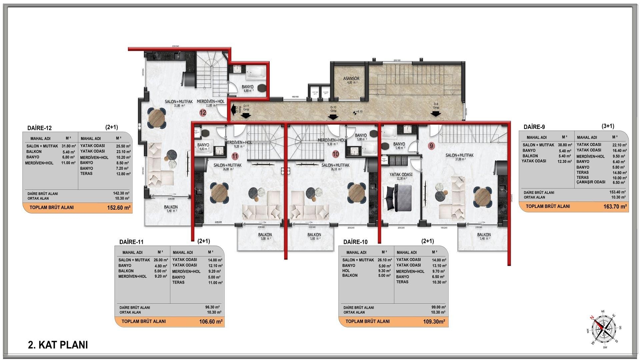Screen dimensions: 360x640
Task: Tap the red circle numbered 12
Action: coord(203,113)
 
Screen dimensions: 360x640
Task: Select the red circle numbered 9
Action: coord(431,146)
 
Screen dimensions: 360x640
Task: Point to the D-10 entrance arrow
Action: coord(332,116)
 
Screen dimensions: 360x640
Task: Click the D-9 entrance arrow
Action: coord(435,114)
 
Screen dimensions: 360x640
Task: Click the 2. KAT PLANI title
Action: coord(58,345)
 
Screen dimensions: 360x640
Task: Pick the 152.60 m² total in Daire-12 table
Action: coord(118,208)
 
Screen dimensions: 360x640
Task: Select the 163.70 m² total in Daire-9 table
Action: coord(615,207)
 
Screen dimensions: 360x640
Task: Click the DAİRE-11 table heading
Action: coord(131,242)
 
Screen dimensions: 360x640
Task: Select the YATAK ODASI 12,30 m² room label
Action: coord(401,176)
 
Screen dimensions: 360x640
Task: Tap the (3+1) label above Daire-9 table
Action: coord(608,126)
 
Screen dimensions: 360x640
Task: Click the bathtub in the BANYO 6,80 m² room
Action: coord(256,73)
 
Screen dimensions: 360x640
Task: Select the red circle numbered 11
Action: coord(235,156)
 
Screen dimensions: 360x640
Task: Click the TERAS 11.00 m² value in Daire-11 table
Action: coord(215,283)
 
